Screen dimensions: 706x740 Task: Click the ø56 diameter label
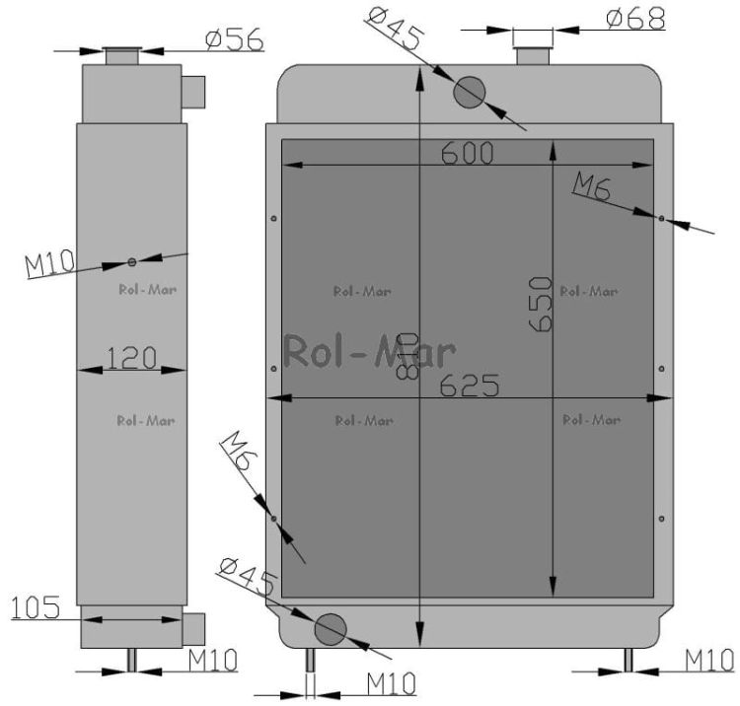[x=234, y=38]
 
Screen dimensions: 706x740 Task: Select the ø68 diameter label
[x=635, y=18]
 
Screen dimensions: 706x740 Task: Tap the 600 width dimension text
[x=468, y=154]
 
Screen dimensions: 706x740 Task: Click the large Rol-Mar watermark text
[x=370, y=352]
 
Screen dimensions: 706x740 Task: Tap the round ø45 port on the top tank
[x=470, y=92]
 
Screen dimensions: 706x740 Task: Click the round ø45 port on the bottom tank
[x=330, y=627]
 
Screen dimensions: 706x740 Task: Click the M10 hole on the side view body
[x=131, y=261]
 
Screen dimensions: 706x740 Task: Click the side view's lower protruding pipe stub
[x=193, y=626]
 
